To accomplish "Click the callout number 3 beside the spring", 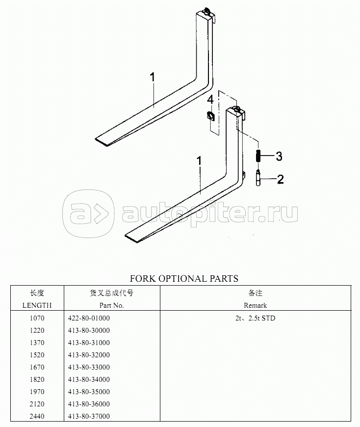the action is tap(279, 156).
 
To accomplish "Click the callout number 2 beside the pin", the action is tap(280, 179).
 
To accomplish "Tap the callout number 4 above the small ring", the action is tap(210, 100).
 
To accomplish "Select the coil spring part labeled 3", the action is tap(258, 156).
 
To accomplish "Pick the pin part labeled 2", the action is tap(258, 178).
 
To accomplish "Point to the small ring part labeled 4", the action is tap(210, 116).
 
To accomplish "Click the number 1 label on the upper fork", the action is tap(153, 77).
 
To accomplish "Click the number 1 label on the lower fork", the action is tap(200, 160).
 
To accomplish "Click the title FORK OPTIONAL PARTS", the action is tap(184, 279).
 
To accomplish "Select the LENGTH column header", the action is tap(37, 305).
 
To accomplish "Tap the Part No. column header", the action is tap(111, 305).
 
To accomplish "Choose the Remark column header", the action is tap(255, 305).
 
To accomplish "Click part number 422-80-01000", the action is tap(89, 318).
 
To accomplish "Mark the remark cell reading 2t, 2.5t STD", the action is tap(255, 318).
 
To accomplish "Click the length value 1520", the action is tap(37, 355).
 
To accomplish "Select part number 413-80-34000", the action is tap(89, 379).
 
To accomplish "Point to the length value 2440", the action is tap(37, 416).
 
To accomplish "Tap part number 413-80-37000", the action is tap(89, 416).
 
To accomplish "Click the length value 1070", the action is tap(37, 318).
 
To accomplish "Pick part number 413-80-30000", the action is tap(89, 330).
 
